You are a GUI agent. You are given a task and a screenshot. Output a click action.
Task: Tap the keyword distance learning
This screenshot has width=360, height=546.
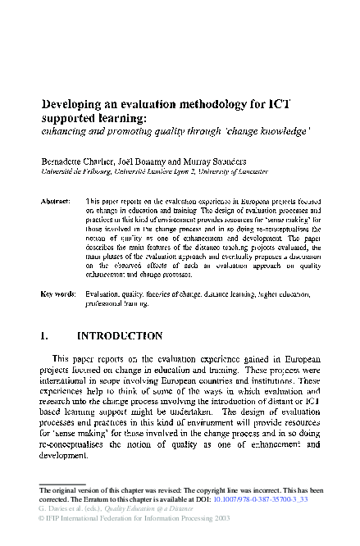tap(222, 293)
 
